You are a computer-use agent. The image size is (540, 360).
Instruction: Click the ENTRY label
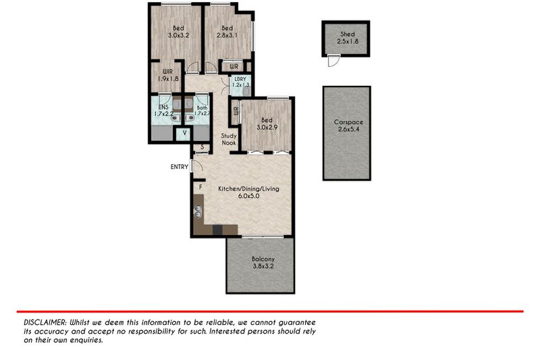pos(180,167)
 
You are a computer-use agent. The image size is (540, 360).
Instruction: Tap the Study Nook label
pos(229,139)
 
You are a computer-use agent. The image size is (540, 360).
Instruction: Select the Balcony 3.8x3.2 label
pos(263,263)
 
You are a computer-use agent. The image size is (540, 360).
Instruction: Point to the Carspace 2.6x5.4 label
pos(348,126)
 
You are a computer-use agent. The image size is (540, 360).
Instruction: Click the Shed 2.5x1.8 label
pos(348,38)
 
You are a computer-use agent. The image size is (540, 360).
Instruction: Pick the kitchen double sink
pos(198,211)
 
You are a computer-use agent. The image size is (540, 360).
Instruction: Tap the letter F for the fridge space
pos(200,187)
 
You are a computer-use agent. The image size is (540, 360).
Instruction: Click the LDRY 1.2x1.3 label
pos(240,82)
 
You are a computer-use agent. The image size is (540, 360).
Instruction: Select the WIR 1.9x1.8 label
pos(167,75)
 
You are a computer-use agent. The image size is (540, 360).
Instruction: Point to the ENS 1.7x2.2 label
pos(163,110)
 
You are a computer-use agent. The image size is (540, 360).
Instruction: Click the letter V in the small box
pos(184,132)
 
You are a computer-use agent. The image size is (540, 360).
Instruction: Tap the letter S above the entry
pos(202,147)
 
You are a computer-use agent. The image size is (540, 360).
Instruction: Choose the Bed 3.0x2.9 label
pos(267,124)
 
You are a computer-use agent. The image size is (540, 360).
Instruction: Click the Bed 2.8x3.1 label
pos(227,32)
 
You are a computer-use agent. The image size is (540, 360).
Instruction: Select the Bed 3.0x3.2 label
pos(178,32)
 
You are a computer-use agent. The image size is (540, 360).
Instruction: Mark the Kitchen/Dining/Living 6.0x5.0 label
pos(248,192)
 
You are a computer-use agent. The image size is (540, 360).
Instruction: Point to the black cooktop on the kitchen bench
pos(217,230)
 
